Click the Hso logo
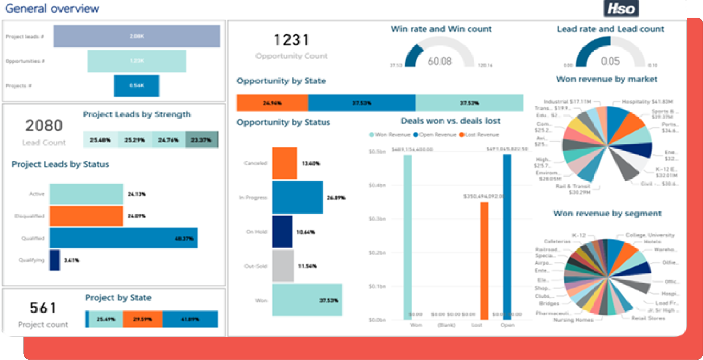[621, 8]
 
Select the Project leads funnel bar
[137, 36]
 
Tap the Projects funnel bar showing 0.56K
[137, 86]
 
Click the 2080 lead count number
[44, 126]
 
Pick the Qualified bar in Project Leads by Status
[123, 238]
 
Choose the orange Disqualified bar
[86, 216]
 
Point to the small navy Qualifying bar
[55, 260]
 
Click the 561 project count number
[43, 308]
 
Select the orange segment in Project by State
[143, 319]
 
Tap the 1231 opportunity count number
[292, 40]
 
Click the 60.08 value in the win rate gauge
[440, 61]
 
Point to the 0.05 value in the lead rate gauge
[610, 61]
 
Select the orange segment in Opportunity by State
[272, 103]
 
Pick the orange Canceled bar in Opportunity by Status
[285, 163]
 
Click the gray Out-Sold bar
[283, 266]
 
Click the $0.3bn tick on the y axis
[377, 219]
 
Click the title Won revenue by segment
[607, 213]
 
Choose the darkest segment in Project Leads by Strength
[202, 140]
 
